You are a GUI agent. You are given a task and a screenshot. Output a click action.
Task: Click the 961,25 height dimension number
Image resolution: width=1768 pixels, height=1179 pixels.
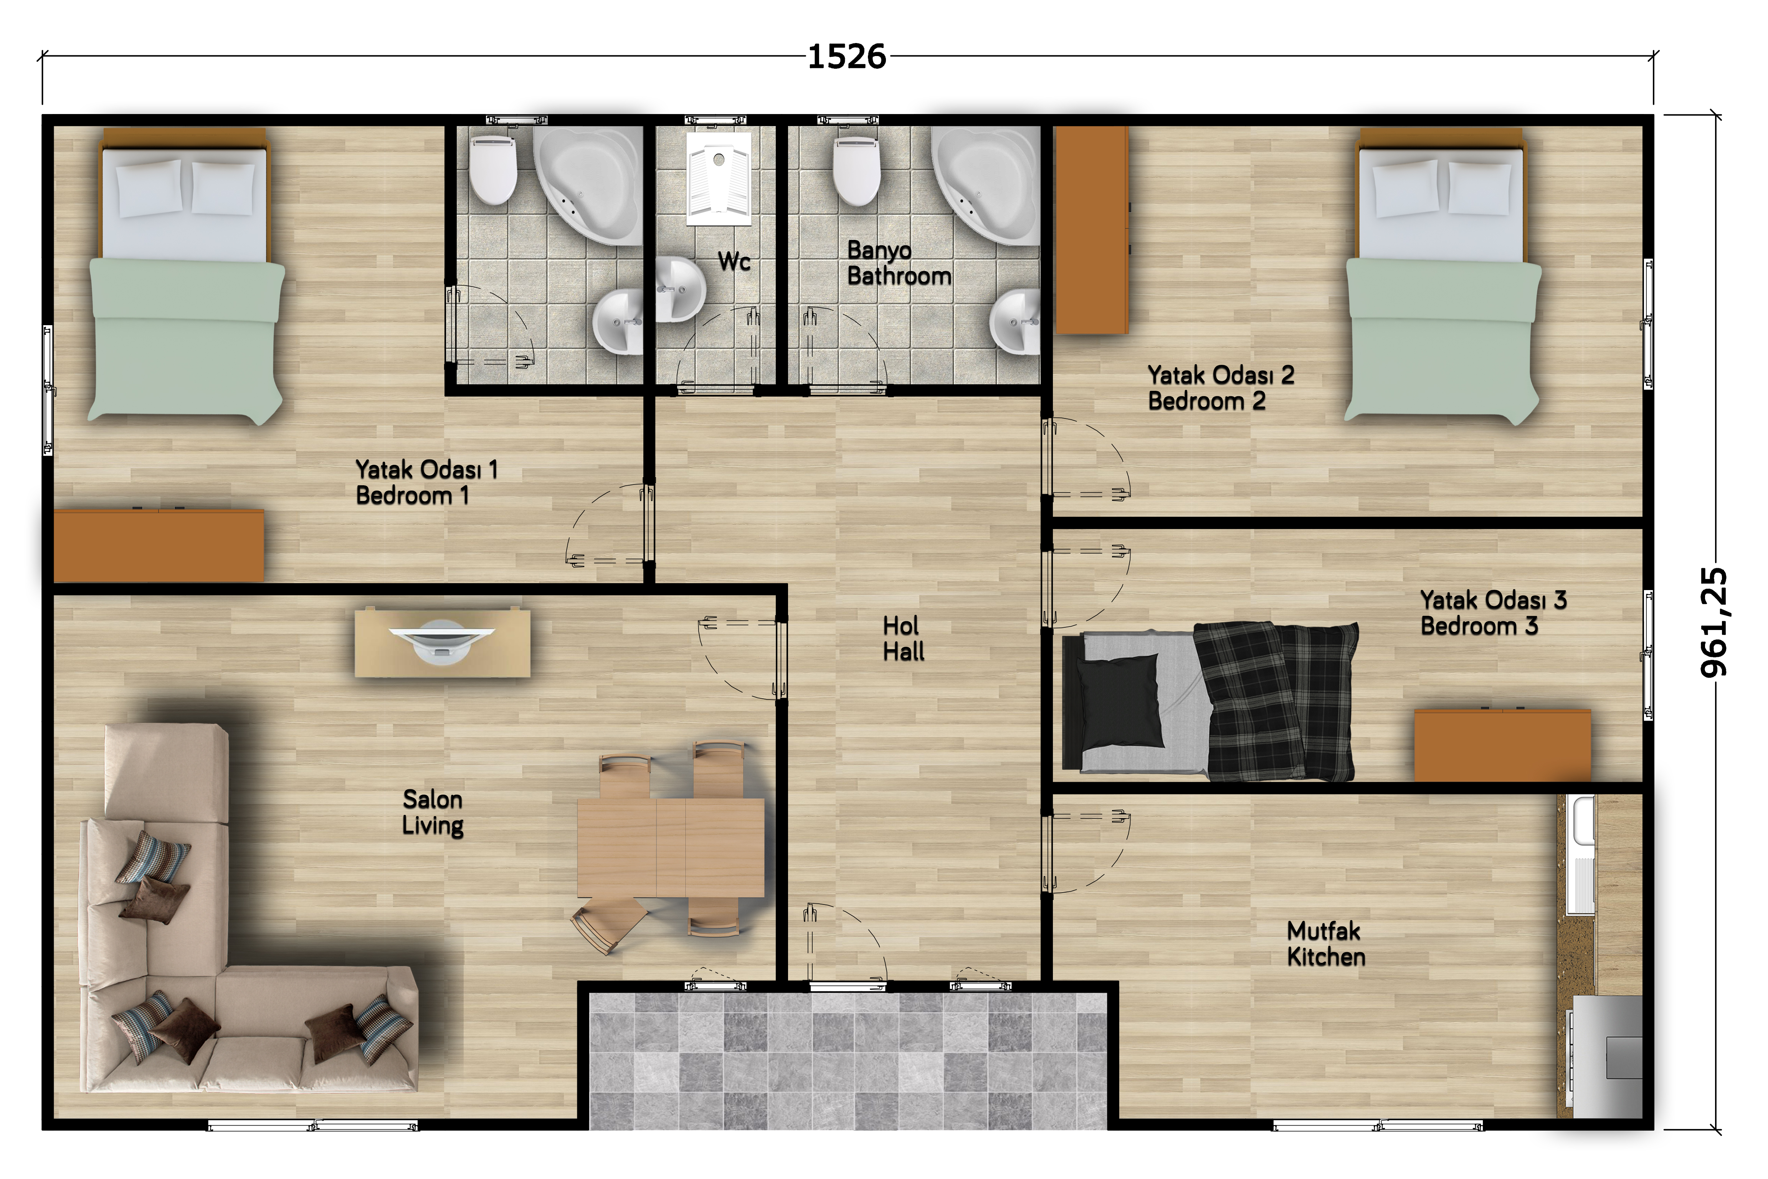(x=1714, y=623)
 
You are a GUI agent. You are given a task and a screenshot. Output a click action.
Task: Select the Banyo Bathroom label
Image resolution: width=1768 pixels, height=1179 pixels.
(x=899, y=263)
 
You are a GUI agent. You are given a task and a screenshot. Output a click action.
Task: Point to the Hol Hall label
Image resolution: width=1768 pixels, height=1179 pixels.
(x=903, y=638)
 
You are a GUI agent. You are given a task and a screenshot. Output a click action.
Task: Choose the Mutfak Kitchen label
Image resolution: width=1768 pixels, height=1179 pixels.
(x=1325, y=944)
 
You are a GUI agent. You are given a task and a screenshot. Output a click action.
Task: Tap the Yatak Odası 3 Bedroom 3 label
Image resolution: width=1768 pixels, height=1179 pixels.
(x=1493, y=613)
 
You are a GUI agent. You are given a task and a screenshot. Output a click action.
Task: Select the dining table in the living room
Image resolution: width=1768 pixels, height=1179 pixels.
(x=671, y=847)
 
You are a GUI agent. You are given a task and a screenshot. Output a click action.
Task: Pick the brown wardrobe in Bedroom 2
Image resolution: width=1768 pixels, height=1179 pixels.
(x=1092, y=229)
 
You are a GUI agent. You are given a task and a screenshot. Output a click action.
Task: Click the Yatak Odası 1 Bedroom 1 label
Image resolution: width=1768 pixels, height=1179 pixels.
(x=426, y=482)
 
